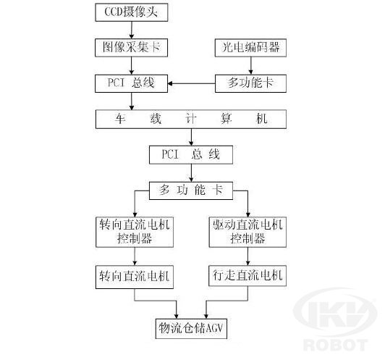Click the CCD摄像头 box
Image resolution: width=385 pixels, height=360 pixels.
pos(132,12)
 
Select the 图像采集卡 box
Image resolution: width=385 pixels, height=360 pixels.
pos(132,48)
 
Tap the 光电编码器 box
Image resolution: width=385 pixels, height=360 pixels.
pos(250,48)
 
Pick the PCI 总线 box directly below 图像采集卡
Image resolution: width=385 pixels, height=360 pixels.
pos(132,83)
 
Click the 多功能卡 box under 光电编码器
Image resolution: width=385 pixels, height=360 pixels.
pos(250,83)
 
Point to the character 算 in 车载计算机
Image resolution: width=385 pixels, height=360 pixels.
pos(226,119)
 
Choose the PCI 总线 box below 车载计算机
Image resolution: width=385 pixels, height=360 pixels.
pos(191,155)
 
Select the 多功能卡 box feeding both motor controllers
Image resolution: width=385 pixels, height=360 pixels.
pos(191,191)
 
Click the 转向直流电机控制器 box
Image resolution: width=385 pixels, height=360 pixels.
pos(135,232)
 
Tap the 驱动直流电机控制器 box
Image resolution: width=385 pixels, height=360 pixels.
pos(247,232)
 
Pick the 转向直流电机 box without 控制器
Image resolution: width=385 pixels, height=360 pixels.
pos(135,277)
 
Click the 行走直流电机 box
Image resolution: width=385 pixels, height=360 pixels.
pos(247,275)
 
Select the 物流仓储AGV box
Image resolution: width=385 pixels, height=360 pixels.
pos(191,329)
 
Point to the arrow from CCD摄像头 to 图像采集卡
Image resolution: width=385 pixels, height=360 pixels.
pos(132,30)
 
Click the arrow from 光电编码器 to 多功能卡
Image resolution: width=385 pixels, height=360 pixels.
pos(250,66)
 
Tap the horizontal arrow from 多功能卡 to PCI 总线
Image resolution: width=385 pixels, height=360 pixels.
pos(192,83)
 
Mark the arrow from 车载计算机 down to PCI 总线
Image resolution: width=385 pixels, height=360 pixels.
pos(191,137)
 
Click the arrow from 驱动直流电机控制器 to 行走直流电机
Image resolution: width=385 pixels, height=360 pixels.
pos(247,256)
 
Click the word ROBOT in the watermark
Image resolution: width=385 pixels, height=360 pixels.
pos(335,345)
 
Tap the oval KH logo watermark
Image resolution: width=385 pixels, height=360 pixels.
pos(335,313)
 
